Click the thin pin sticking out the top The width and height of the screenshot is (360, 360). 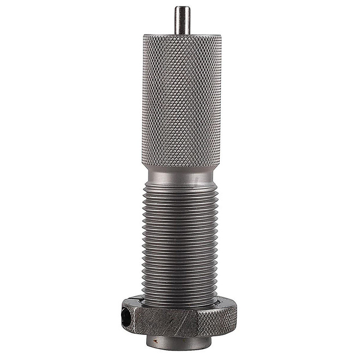click(x=182, y=21)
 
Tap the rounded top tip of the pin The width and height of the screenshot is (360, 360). click(x=182, y=8)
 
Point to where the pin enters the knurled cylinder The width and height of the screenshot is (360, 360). click(x=182, y=34)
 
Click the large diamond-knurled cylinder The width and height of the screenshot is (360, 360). click(x=182, y=101)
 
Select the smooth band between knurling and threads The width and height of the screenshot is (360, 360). click(x=182, y=176)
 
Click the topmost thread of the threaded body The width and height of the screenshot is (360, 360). click(x=182, y=187)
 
